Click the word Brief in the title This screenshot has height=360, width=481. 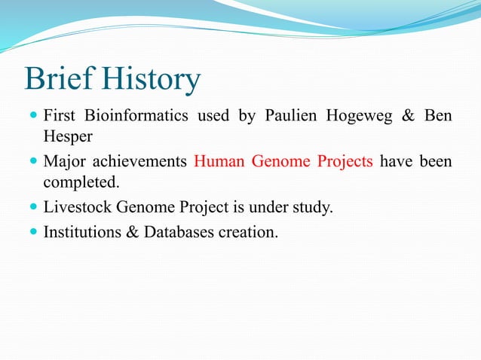tap(60, 79)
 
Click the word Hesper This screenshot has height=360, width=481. tap(68, 137)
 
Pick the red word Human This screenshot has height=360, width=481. tap(220, 162)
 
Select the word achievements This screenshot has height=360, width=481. tap(139, 162)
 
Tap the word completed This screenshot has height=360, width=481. tap(81, 183)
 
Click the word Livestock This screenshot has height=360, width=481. tap(77, 208)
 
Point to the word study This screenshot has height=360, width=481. tap(312, 209)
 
